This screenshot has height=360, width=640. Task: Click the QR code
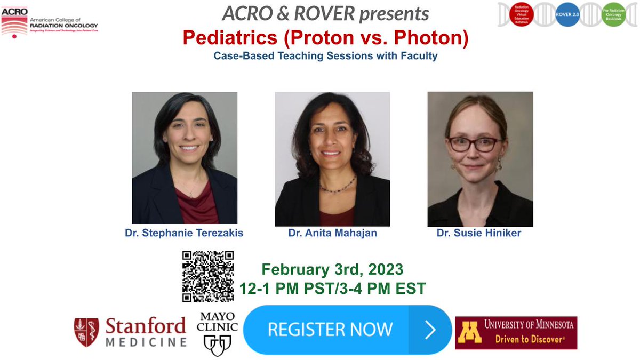point(208,276)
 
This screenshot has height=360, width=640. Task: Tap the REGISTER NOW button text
point(330,329)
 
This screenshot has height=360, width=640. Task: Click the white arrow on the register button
point(430,330)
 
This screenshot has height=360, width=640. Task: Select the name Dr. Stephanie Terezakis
point(184,233)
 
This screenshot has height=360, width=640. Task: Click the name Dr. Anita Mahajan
point(332,233)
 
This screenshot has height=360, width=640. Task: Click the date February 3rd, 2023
point(332,269)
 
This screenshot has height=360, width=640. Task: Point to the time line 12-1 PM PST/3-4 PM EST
point(332,289)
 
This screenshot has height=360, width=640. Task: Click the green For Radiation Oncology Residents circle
point(613,14)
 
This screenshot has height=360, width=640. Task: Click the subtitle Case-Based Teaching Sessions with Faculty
point(325,56)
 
